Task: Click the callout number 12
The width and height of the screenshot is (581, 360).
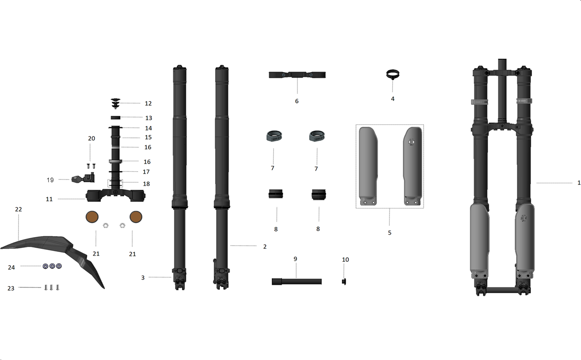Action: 148,103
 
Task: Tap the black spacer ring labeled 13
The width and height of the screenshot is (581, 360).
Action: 115,118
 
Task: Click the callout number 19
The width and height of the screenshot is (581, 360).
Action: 50,180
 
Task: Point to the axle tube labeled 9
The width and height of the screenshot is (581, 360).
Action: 297,282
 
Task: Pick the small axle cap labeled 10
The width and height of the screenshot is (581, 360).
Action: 344,282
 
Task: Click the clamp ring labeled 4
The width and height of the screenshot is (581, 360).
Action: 392,74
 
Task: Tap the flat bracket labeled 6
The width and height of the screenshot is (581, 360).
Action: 297,75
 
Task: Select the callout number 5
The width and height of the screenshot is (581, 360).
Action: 390,233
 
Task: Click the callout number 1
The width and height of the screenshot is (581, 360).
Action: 579,183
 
